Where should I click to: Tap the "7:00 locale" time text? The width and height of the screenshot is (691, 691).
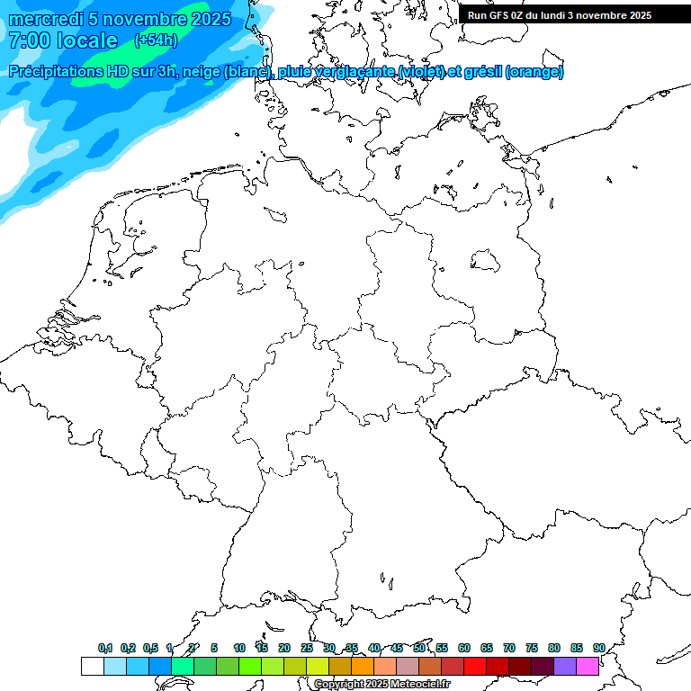(62, 40)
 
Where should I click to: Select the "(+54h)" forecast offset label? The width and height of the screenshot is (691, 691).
(157, 40)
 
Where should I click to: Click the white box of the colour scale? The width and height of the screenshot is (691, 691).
(92, 667)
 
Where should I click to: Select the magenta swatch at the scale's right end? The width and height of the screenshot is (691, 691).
(588, 667)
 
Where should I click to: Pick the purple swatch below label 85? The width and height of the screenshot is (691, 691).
(565, 667)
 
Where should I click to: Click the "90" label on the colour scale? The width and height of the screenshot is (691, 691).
(598, 648)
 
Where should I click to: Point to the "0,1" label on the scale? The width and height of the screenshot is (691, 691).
(105, 648)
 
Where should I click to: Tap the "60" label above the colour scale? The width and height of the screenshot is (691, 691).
(464, 648)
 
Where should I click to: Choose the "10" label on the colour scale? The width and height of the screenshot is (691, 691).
(239, 648)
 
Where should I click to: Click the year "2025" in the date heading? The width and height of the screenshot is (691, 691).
(203, 19)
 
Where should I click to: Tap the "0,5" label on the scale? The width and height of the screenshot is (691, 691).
(150, 648)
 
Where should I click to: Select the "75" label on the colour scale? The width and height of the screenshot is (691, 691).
(532, 648)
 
